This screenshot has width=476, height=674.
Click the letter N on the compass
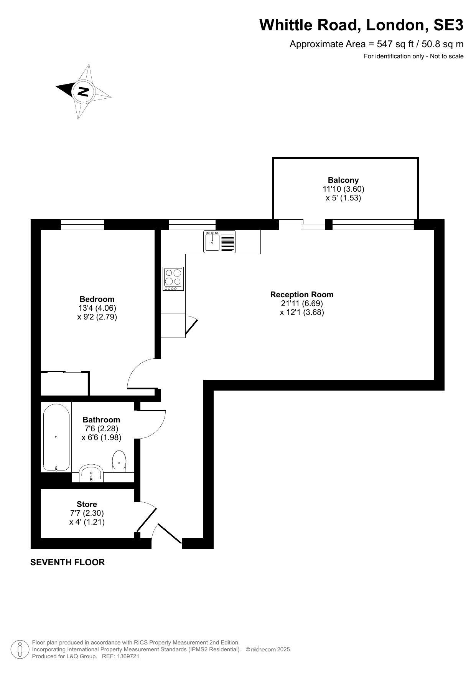[83, 91]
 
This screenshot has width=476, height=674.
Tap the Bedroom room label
[97, 299]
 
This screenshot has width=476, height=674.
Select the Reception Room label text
[302, 295]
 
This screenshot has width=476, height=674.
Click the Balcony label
[343, 180]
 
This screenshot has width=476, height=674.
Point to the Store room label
[87, 504]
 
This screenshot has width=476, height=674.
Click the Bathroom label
[101, 420]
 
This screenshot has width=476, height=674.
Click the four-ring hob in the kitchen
[173, 279]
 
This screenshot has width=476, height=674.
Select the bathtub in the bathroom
[56, 438]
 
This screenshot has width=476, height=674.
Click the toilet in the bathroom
[119, 460]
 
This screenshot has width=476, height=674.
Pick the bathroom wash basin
[91, 473]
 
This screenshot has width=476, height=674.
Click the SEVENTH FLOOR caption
[68, 562]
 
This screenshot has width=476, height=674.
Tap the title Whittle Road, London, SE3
[361, 25]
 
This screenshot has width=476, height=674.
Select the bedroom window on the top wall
[82, 225]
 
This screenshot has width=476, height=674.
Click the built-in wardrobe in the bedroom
[65, 383]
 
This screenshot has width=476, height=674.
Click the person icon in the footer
[20, 649]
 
